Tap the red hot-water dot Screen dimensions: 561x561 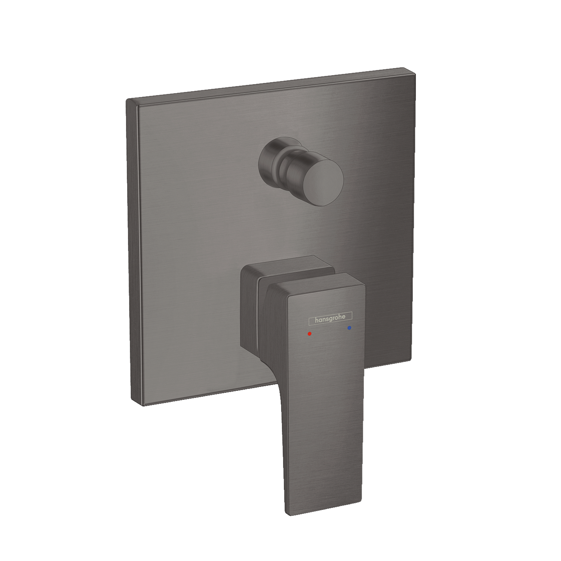(309, 333)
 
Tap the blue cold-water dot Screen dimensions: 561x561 (349, 328)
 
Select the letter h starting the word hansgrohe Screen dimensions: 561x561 (317, 321)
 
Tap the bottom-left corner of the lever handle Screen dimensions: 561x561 (287, 513)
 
